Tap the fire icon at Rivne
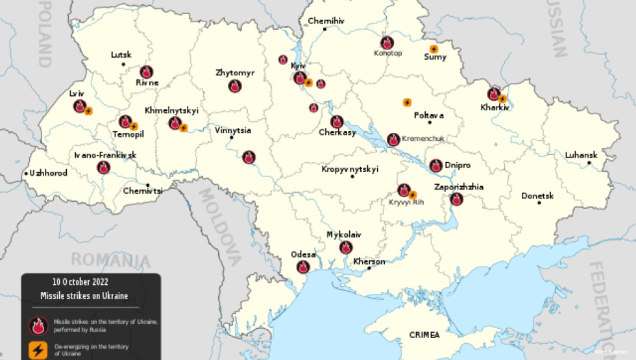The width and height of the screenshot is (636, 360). [x=147, y=71]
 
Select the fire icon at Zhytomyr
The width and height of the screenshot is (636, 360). [x=235, y=86]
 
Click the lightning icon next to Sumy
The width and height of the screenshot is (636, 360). [x=434, y=49]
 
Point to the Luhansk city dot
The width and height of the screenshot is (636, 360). [x=589, y=163]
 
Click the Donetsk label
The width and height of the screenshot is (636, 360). [x=537, y=195]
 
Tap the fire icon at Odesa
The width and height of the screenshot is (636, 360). [x=303, y=267]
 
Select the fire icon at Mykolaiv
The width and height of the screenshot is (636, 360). [x=346, y=246]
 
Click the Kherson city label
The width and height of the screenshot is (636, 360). [x=369, y=261]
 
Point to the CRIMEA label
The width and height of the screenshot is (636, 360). [x=424, y=335]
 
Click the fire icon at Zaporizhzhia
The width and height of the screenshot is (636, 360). [x=456, y=198]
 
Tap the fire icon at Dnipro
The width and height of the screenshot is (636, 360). [x=435, y=165]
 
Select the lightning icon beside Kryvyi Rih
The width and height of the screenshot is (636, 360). [x=413, y=194]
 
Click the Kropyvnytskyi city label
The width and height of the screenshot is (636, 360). [x=350, y=169]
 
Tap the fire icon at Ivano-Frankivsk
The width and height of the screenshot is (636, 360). [x=103, y=167]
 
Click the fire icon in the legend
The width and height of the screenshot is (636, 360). [x=38, y=324]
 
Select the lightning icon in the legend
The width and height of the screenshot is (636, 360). [x=38, y=351]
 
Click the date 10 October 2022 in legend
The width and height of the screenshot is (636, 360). [x=80, y=282]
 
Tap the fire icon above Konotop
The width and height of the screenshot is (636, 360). [x=387, y=43]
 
